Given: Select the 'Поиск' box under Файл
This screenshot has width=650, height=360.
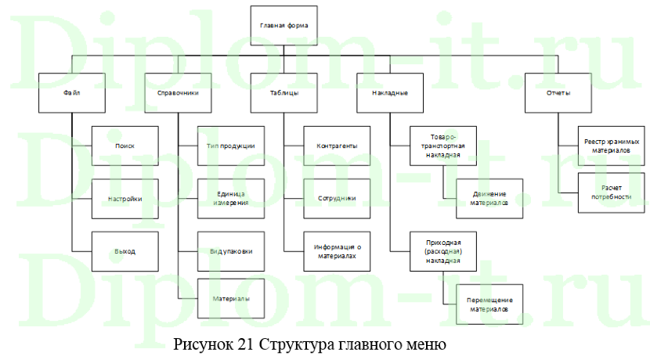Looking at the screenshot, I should (x=125, y=146).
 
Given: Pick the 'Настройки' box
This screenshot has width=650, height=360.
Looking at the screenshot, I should (x=125, y=199).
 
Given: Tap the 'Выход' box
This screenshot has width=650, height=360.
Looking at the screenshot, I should (x=125, y=251).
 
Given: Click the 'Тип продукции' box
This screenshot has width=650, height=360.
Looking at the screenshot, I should (x=230, y=146).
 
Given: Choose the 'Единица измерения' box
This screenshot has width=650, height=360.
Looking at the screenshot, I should (x=230, y=199).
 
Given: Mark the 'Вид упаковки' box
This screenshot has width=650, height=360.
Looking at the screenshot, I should (x=230, y=251).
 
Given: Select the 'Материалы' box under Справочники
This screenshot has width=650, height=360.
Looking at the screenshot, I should (x=230, y=298).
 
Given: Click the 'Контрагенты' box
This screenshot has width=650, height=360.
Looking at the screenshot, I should (x=337, y=146).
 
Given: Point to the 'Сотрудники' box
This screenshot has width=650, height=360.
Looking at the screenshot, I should (x=337, y=199).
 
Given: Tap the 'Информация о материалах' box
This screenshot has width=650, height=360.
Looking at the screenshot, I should (x=337, y=251).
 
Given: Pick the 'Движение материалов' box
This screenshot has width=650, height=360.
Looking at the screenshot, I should (x=489, y=199).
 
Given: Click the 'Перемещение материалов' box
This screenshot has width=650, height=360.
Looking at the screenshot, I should (x=489, y=304).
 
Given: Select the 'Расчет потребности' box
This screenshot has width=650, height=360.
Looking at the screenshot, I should (x=611, y=193).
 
